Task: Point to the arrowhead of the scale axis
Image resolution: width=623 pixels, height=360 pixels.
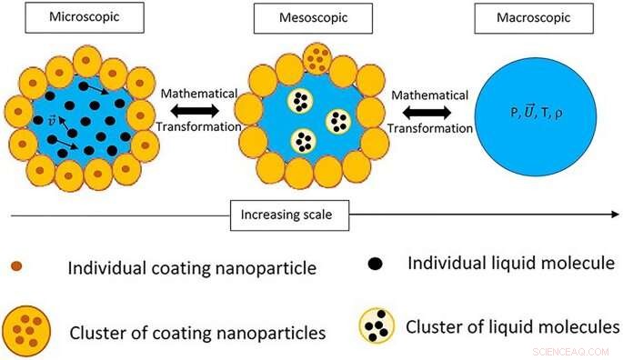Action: (611, 215)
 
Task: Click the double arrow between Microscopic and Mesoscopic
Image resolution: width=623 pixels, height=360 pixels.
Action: (197, 110)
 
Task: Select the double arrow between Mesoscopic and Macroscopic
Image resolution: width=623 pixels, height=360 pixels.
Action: (430, 110)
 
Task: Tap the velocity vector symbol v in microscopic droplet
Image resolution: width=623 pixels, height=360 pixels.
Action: (51, 120)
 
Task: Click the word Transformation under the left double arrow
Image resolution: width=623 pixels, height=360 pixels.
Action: (196, 128)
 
